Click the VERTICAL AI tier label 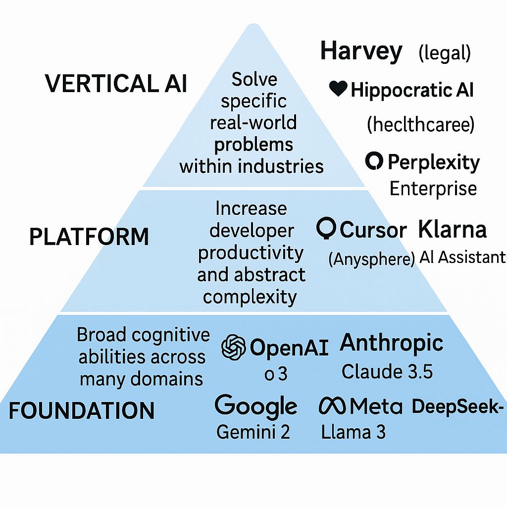(x=116, y=83)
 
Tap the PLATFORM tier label (x=89, y=236)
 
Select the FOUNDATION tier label (x=82, y=410)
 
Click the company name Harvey (x=361, y=52)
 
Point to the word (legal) (x=445, y=53)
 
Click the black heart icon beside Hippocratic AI (x=338, y=88)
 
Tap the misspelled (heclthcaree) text (x=421, y=124)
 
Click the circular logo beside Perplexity (x=374, y=161)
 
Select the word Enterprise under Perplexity (x=433, y=189)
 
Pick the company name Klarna (x=453, y=229)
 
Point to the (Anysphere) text (x=371, y=259)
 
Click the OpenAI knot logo (x=234, y=347)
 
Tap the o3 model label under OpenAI (x=276, y=374)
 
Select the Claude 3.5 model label (x=387, y=371)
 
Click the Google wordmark (x=256, y=406)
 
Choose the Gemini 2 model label (x=253, y=432)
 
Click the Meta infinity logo (x=332, y=406)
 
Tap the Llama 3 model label (x=353, y=432)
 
